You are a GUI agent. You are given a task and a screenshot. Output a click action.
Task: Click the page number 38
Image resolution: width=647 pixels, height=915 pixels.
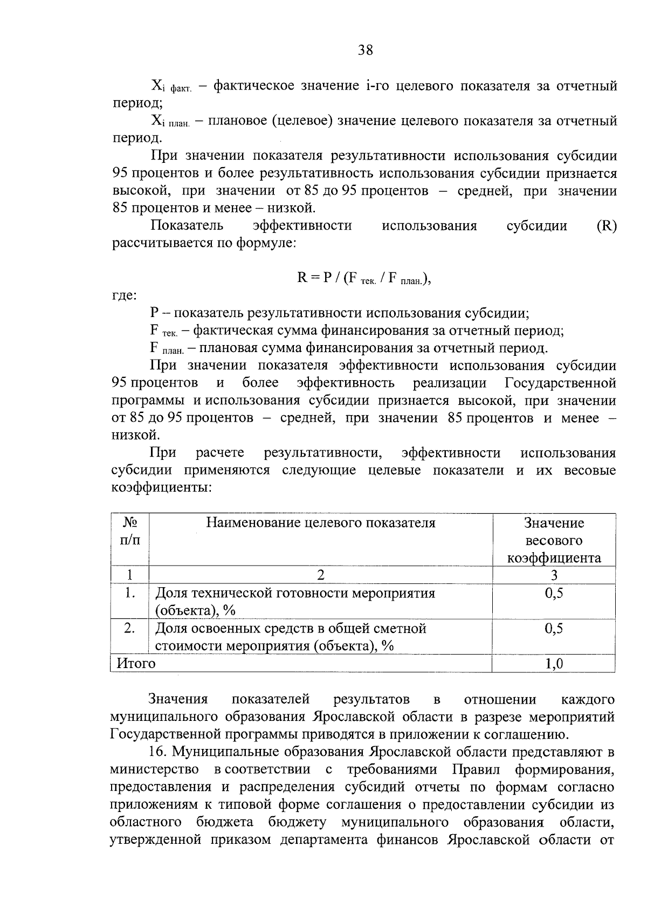(365, 51)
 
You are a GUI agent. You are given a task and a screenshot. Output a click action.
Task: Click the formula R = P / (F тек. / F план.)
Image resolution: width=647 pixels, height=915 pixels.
(364, 278)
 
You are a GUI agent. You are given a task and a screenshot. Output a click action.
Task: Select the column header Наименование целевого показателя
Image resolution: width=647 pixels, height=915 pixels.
(320, 522)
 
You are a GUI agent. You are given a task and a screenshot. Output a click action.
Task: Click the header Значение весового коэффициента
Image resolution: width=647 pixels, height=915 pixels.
(554, 540)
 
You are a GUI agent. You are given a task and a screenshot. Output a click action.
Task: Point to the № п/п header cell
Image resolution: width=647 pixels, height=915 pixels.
(130, 531)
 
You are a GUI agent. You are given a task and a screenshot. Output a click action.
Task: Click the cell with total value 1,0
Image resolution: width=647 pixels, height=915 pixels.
(554, 664)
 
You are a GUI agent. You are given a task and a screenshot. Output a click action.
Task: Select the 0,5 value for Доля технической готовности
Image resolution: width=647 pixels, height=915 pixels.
(554, 594)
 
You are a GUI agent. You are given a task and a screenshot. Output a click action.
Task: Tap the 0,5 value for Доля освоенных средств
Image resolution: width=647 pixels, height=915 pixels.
(554, 629)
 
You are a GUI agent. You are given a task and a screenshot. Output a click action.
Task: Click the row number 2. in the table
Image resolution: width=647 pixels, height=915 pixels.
(129, 629)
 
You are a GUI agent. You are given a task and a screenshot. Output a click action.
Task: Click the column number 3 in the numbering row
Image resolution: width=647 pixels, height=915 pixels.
(554, 575)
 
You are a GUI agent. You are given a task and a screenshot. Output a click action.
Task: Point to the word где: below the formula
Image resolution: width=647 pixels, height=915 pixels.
(124, 296)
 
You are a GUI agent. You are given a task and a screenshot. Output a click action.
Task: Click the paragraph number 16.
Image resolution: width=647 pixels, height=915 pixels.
(157, 752)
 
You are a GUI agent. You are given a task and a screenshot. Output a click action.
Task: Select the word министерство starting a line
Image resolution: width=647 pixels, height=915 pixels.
(154, 769)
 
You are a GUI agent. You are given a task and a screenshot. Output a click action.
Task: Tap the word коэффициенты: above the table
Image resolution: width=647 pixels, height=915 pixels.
(161, 488)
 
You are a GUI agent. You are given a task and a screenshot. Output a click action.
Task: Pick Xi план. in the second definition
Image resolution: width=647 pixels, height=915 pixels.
(169, 121)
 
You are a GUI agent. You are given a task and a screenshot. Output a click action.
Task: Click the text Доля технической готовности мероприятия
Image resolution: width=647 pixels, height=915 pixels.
(295, 594)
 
